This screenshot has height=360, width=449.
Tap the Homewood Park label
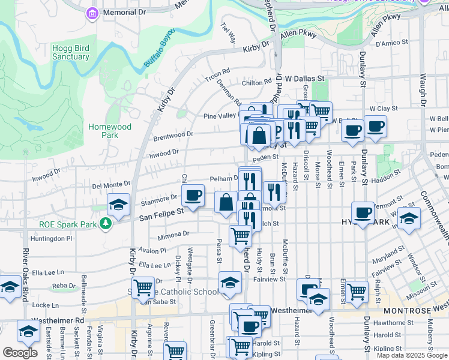(x=109, y=131)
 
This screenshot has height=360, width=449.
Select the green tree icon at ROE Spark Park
(x=106, y=224)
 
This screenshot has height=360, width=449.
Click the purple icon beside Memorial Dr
(x=92, y=13)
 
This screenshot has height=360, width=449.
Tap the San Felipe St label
(x=161, y=212)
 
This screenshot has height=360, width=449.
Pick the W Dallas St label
(x=304, y=79)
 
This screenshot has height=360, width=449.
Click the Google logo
(x=20, y=353)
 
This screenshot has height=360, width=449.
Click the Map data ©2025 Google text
(x=412, y=355)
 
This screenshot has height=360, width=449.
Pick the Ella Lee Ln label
(x=155, y=265)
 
